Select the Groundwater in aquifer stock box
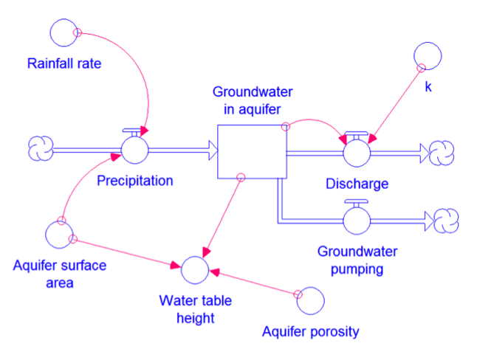(x=252, y=151)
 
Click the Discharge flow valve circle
(x=357, y=152)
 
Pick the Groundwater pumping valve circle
(x=357, y=219)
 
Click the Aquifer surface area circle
(x=59, y=233)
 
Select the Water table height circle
(x=196, y=269)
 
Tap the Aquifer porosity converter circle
(x=309, y=300)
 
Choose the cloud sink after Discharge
(x=445, y=152)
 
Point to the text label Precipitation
(x=135, y=181)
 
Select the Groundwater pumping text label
(x=357, y=260)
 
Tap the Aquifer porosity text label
(x=310, y=331)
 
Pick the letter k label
(x=428, y=86)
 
